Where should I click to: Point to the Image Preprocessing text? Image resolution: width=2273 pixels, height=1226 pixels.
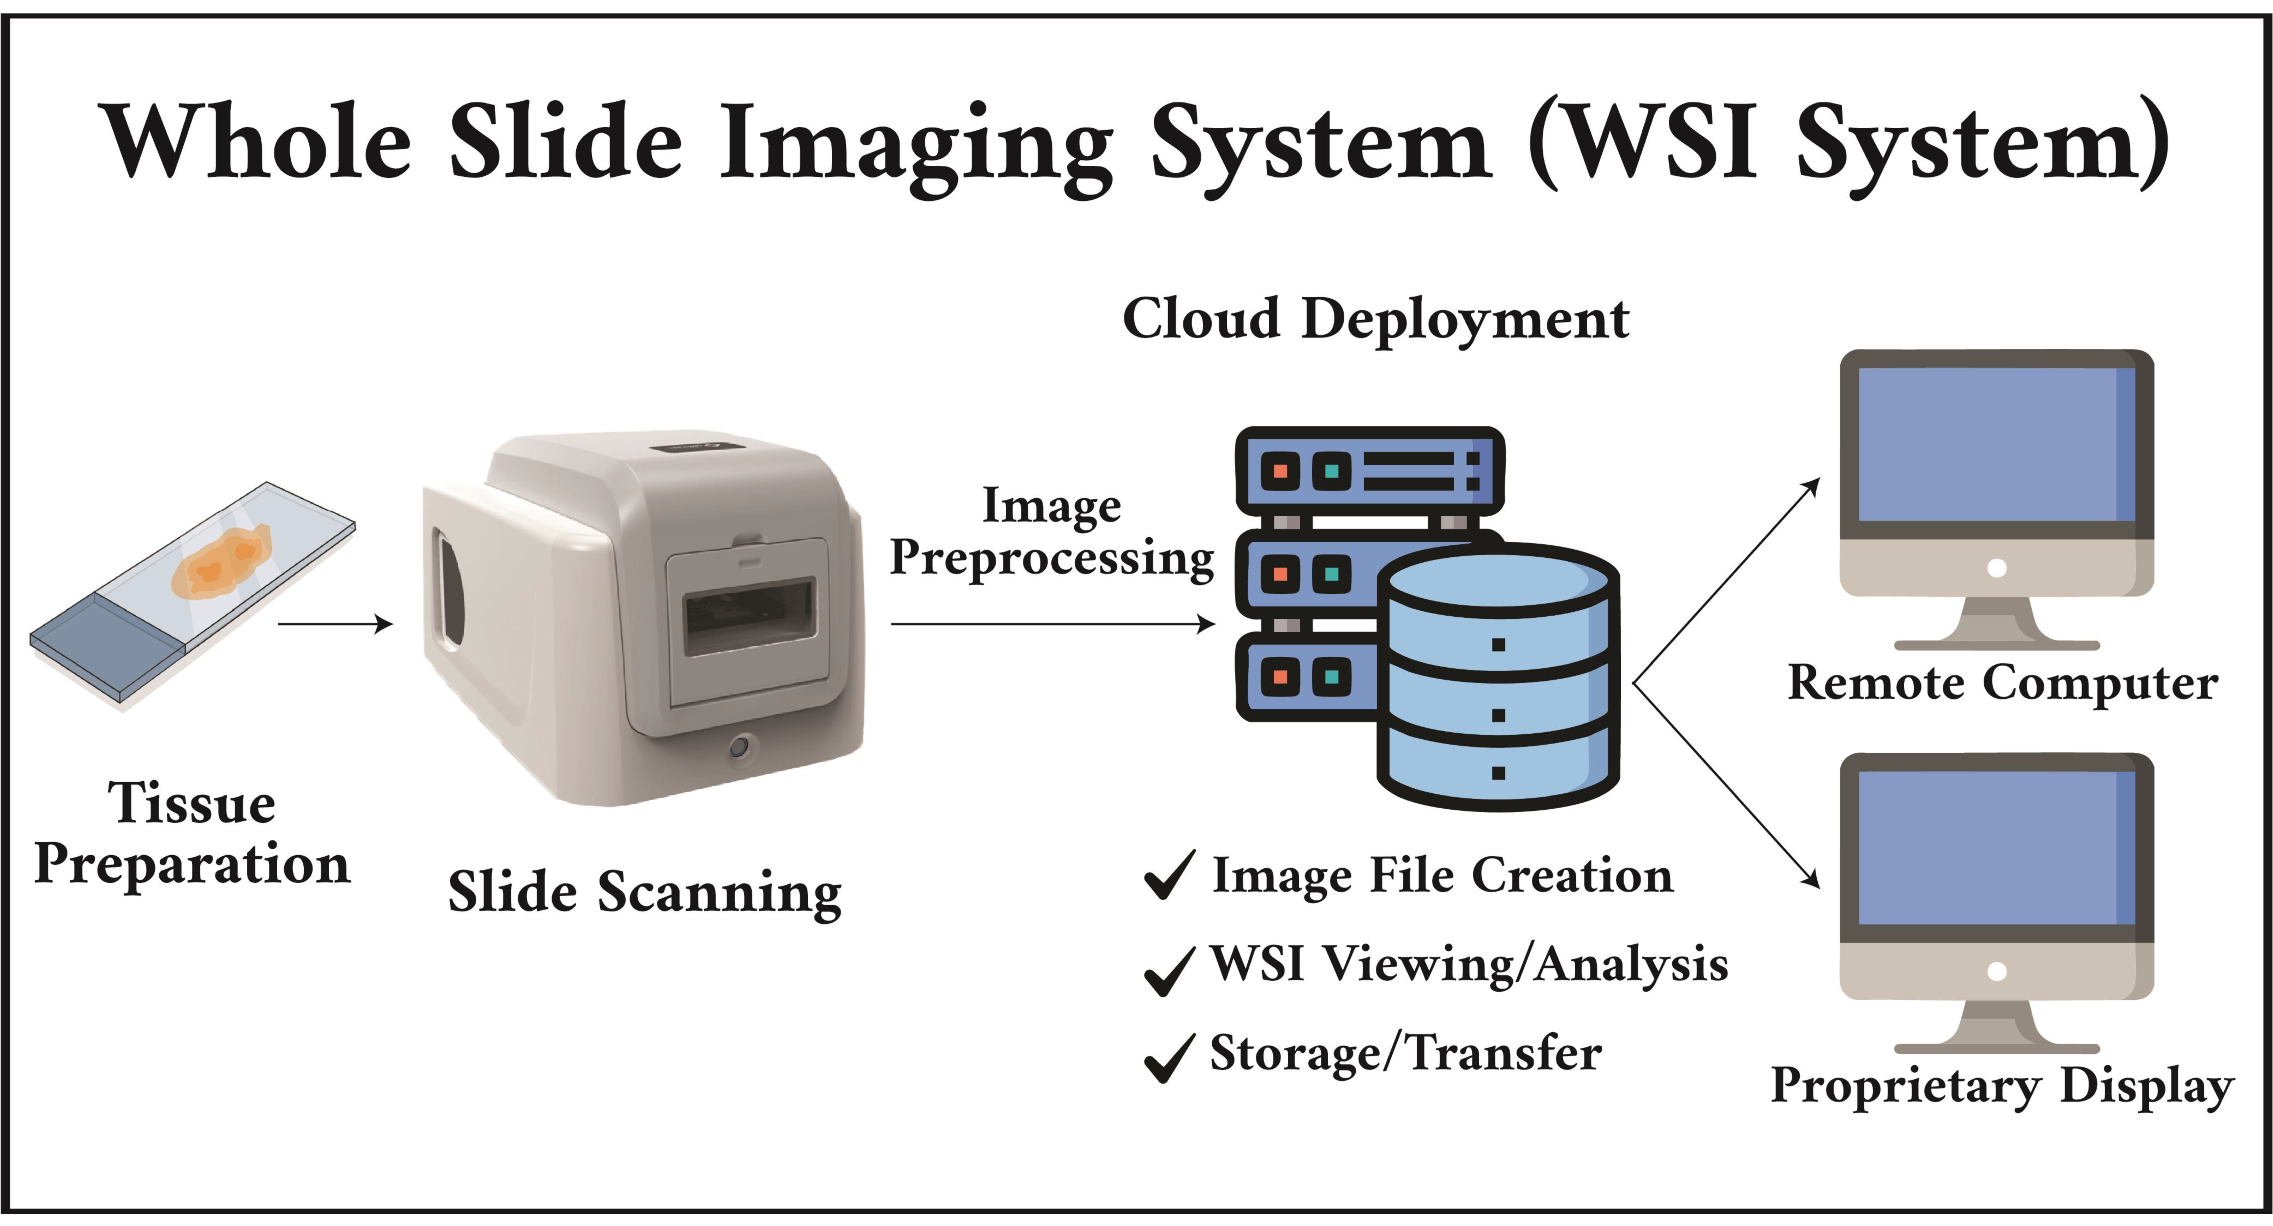coord(1052,532)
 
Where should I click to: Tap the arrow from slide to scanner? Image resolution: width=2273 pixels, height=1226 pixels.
coord(335,624)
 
